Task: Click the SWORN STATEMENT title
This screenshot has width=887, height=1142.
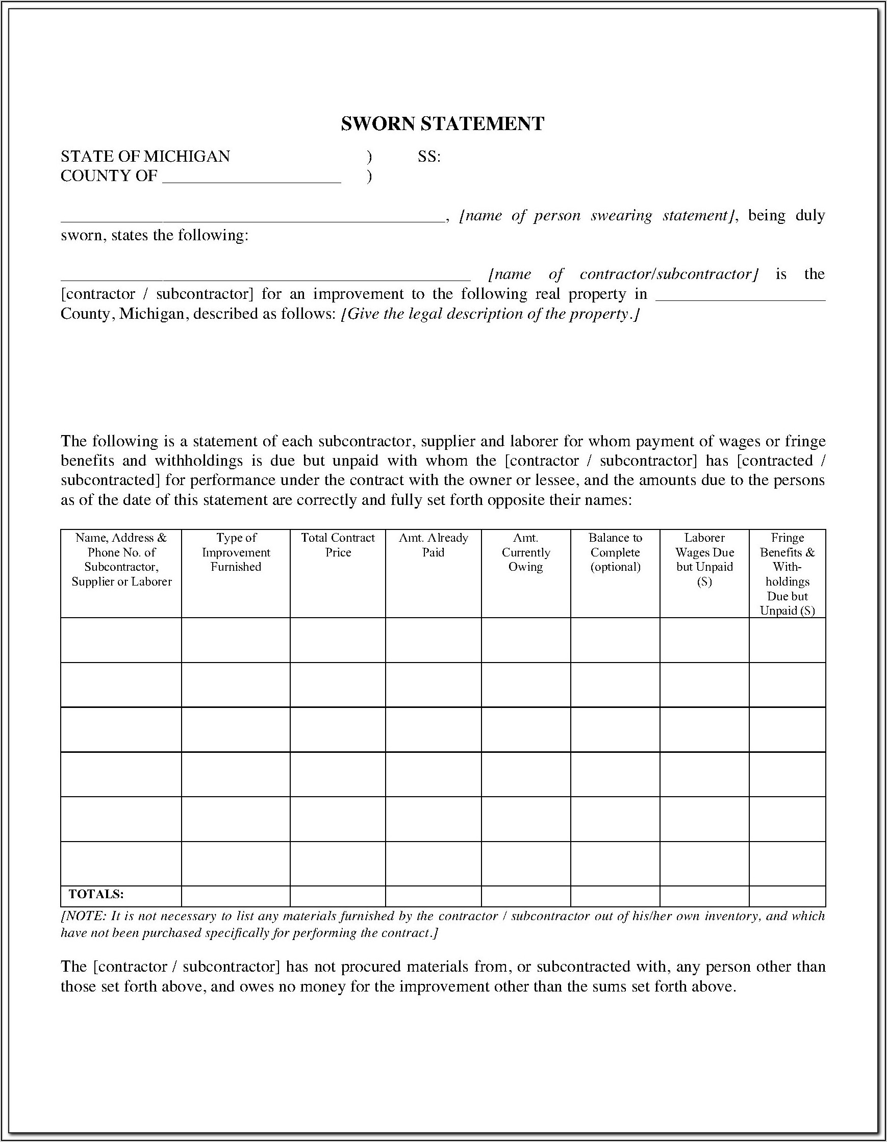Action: pos(442,124)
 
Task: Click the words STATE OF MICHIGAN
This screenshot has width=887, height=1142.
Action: pos(145,157)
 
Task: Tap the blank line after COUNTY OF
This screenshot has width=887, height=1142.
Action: pos(251,178)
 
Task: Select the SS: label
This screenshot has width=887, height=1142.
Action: pos(429,157)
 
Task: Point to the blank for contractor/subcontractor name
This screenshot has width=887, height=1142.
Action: pos(265,276)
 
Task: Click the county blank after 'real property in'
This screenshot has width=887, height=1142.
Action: pos(740,296)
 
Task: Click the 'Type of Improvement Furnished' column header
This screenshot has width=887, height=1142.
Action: pos(236,552)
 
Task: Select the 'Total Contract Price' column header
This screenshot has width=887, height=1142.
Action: pos(338,545)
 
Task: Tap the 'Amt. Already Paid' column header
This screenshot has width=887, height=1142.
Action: pos(433,545)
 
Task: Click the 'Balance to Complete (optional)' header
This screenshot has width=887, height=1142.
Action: pos(615,552)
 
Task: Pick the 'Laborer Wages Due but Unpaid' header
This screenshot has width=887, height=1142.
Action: pos(704,560)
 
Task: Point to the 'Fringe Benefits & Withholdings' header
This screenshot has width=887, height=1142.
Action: pos(787,574)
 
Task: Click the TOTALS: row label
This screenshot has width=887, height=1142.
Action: pos(96,894)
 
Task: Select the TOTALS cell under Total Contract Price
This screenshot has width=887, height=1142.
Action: pos(338,896)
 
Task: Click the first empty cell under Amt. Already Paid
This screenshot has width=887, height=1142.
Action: pos(433,640)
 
